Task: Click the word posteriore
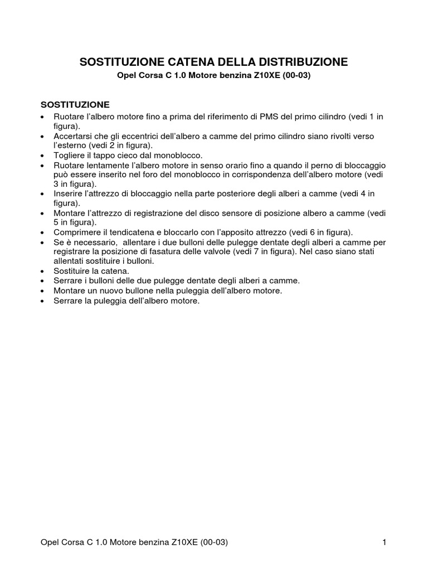coord(217,193)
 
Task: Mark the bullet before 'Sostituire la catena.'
coord(43,272)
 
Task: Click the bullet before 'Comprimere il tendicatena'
coord(43,232)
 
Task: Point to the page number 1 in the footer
coord(385,543)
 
